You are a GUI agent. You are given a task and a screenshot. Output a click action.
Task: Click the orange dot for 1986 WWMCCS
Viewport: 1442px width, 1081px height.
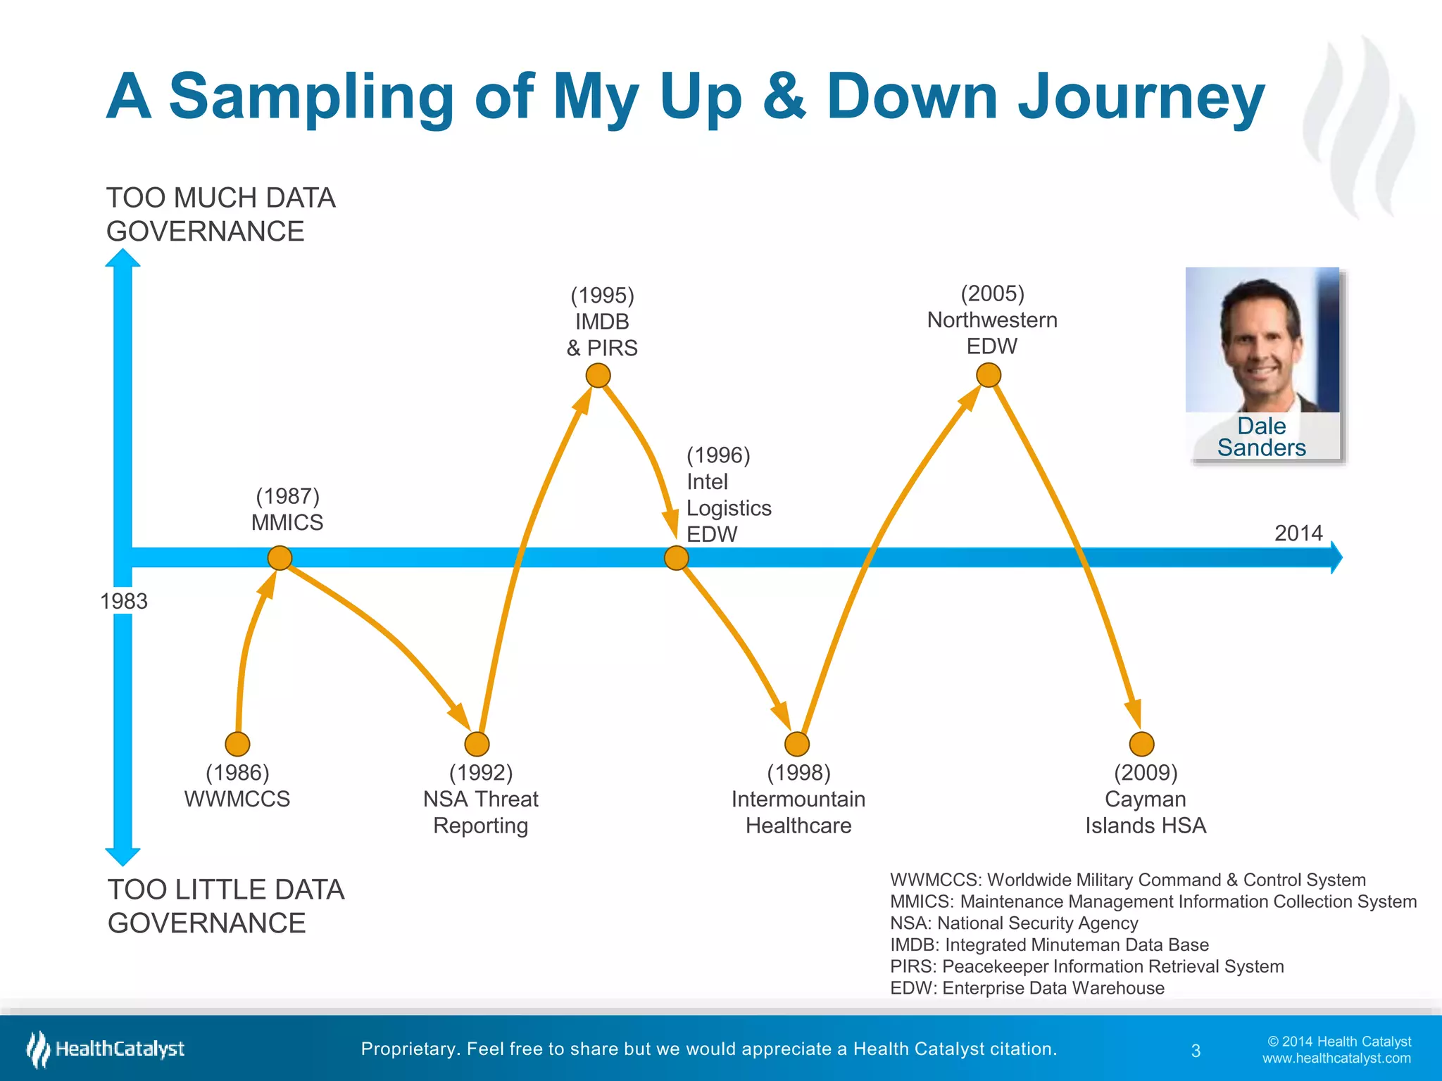237,743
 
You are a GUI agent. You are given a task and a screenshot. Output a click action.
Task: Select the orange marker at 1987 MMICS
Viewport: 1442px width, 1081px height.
280,557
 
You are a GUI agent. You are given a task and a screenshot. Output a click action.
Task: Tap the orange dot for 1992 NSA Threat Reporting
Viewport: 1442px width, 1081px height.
477,743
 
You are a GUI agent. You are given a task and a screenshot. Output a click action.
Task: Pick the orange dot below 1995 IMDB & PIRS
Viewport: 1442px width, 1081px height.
598,375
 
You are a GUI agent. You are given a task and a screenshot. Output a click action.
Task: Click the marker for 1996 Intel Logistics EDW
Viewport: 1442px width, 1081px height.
676,558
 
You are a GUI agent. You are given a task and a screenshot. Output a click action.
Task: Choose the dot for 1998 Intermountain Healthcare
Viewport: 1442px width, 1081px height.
796,743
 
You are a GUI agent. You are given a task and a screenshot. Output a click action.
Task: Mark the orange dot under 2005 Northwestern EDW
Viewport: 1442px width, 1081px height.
989,374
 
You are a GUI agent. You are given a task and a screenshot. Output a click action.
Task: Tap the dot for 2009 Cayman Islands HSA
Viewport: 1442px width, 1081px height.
1141,743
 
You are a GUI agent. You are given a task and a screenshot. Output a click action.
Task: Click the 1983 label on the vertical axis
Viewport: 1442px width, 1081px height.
124,601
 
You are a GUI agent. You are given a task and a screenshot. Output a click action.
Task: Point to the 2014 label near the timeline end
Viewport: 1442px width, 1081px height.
1298,533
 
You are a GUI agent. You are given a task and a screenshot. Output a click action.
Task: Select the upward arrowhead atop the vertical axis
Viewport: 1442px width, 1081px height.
123,258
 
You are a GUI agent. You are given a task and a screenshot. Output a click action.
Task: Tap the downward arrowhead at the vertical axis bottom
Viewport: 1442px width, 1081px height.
123,856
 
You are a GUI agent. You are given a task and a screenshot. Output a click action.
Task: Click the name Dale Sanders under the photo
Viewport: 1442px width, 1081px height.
1261,436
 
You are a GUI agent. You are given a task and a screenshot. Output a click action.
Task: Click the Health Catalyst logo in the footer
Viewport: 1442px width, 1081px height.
106,1049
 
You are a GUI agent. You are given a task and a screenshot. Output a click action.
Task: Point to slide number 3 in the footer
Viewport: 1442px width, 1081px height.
1196,1051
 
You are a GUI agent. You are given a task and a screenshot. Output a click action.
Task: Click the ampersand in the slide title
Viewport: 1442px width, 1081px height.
783,96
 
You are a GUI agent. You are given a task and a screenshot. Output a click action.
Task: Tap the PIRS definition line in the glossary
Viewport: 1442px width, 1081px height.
1086,966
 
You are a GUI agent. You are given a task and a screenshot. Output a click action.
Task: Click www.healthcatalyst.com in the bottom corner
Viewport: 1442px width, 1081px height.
1336,1058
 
